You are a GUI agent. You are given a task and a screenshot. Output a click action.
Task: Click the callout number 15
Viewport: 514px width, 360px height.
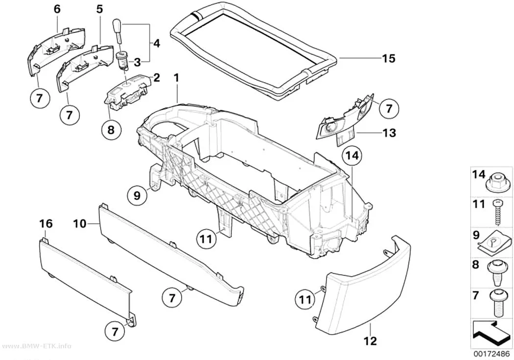coord(389,59)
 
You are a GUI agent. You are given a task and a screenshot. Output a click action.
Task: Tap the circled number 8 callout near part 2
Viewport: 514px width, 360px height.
coord(111,130)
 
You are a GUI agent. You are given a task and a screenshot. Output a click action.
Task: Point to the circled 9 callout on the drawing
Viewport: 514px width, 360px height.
coord(137,195)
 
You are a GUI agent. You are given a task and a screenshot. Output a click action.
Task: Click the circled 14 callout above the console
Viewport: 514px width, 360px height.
coord(351,157)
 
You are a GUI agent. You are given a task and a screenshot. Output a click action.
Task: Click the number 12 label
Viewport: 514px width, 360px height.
coord(371,341)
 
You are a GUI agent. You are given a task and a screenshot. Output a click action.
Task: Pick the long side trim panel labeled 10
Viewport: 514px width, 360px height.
coord(170,254)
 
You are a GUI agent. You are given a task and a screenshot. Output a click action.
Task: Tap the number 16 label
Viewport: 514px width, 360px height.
coord(46,224)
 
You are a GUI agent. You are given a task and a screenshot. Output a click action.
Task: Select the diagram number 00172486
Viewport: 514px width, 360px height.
coord(491,355)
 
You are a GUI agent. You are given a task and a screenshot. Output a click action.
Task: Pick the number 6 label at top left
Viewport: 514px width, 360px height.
coord(57,9)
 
